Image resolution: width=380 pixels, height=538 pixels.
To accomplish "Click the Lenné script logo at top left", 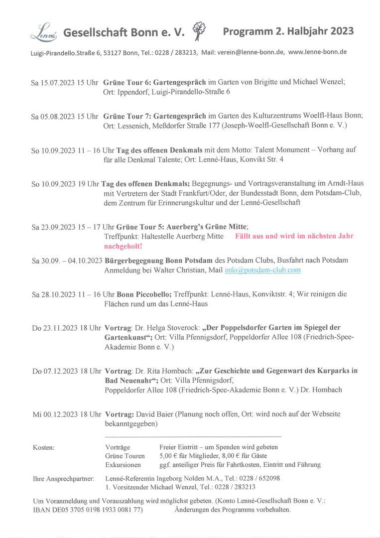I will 44,33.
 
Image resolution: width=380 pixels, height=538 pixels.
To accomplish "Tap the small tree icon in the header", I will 198,29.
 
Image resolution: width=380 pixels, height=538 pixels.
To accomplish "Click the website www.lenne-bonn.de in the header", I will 317,51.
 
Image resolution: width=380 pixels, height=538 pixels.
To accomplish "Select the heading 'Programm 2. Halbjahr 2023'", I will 288,31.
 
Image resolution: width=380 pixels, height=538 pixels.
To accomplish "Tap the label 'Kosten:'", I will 43,447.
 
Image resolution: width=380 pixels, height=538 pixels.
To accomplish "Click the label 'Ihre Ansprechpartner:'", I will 63,479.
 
